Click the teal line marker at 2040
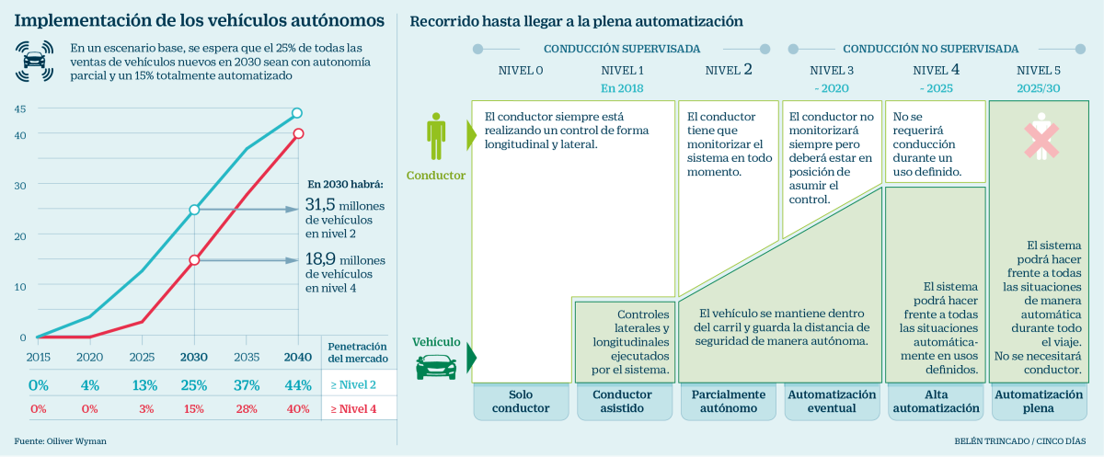[297, 113]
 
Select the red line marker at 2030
[194, 260]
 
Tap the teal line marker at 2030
[194, 211]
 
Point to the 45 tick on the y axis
[19, 109]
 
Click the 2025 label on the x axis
[142, 357]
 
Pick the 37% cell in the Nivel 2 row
[246, 384]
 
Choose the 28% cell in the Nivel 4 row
[246, 408]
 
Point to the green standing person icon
[436, 135]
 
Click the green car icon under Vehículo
[436, 366]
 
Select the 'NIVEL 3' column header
[832, 70]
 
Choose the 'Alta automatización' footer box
[935, 401]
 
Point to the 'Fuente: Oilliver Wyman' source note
[61, 441]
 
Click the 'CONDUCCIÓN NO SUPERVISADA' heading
[930, 48]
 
